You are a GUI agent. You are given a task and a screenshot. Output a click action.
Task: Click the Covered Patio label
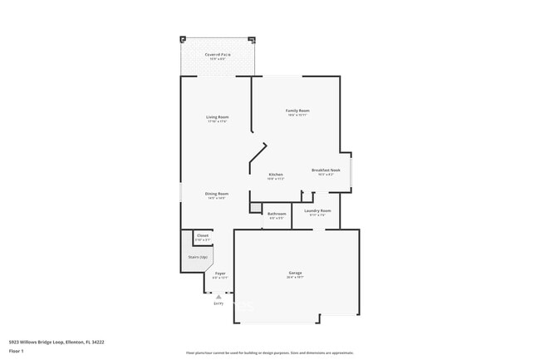pos(218,55)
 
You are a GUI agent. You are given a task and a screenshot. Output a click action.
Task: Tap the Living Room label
pos(218,117)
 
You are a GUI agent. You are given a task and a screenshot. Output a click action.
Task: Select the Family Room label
pos(297,111)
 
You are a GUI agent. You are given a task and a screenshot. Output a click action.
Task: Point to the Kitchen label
pos(276,175)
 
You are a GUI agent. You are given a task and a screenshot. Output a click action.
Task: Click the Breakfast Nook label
pos(324,170)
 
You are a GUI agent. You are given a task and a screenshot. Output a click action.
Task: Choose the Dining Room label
pos(218,195)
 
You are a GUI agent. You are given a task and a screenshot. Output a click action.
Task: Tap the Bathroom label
pos(277,214)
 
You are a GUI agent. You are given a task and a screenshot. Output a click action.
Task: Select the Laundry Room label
pos(317,211)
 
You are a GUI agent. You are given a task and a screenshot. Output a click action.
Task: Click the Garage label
pos(295,274)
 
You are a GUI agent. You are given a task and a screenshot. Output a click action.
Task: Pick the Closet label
pos(203,236)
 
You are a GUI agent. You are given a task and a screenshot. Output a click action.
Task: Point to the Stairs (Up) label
pos(197,257)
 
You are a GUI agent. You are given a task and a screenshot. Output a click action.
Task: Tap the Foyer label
pos(220,274)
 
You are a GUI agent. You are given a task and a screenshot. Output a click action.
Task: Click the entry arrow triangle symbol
pos(218,296)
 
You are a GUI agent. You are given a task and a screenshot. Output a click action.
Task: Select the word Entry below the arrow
pos(218,303)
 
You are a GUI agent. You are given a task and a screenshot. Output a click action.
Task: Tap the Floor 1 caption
pos(17,351)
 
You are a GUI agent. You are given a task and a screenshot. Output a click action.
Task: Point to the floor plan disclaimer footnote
pos(269,353)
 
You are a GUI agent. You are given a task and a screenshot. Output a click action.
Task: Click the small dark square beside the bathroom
pos(256,208)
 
